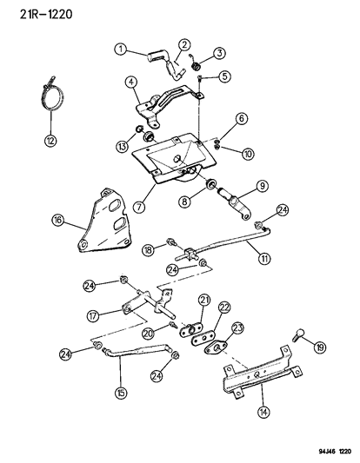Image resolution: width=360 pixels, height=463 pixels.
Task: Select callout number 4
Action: pyautogui.click(x=131, y=83)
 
